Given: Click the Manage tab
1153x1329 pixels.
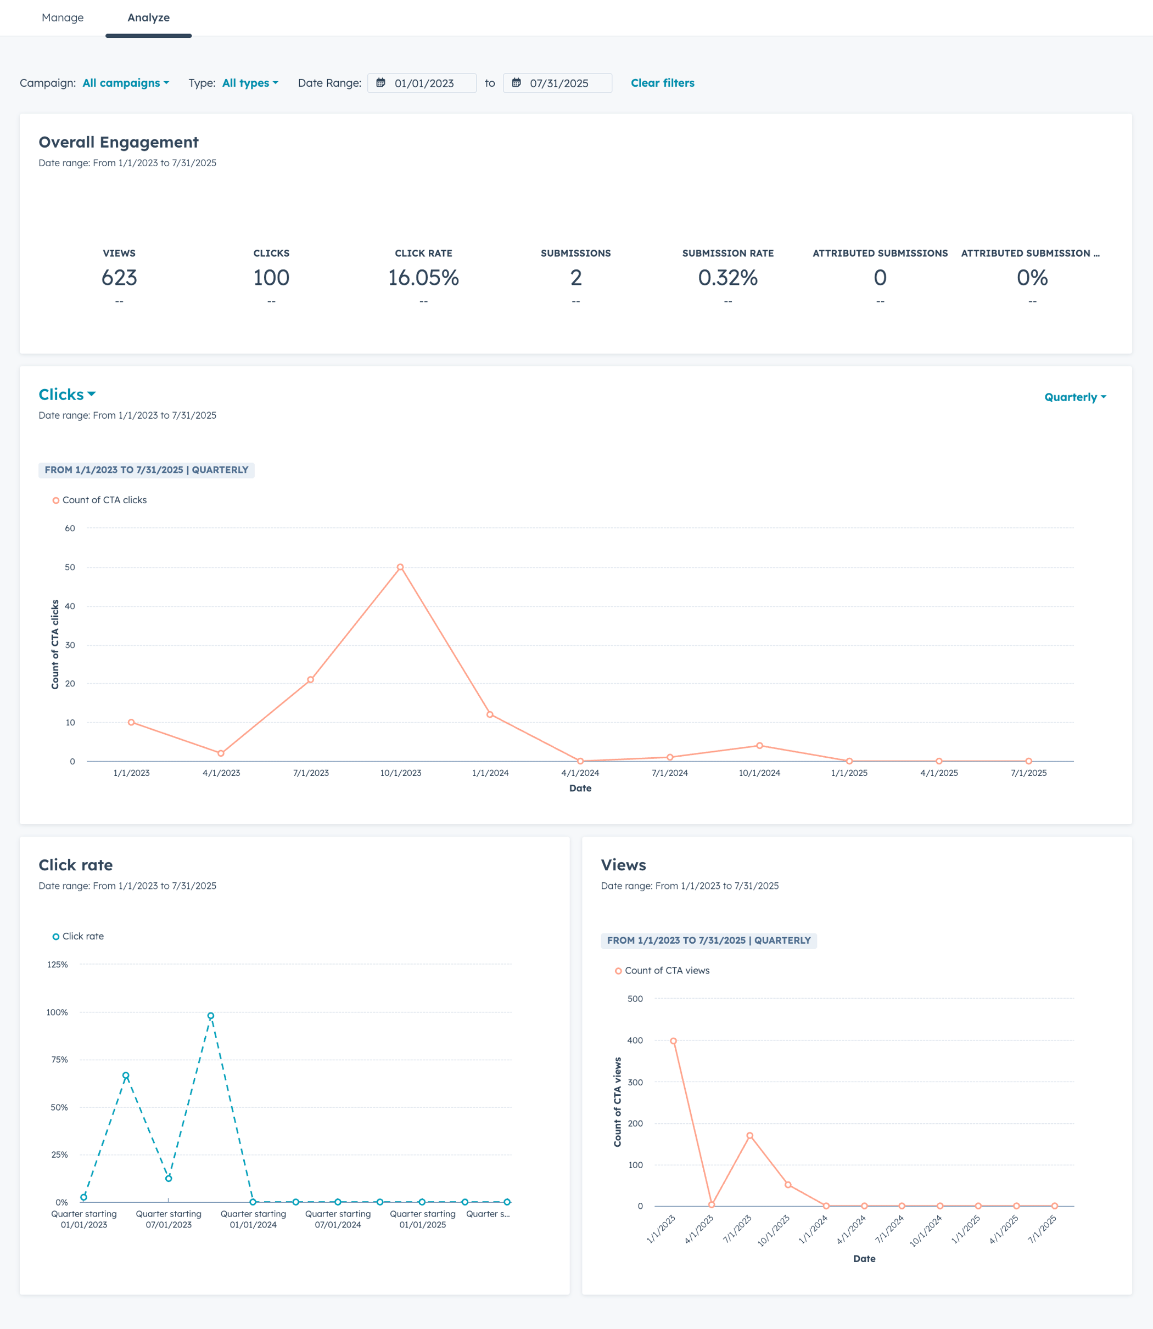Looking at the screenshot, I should click(x=63, y=18).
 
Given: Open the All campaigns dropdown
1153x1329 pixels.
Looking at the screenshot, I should click(x=126, y=83).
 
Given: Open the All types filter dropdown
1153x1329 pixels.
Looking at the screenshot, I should click(x=250, y=83).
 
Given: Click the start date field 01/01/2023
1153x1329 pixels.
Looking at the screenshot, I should click(x=423, y=83).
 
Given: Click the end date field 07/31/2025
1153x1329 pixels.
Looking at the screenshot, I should click(x=558, y=83).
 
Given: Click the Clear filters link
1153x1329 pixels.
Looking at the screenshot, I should click(x=662, y=83).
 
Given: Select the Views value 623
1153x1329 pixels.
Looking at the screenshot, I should click(x=119, y=278).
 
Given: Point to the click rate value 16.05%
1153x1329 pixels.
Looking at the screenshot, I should click(x=423, y=278).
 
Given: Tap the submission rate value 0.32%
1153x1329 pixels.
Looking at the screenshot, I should click(x=727, y=278).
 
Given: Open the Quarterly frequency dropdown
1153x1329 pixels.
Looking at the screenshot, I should click(x=1074, y=397).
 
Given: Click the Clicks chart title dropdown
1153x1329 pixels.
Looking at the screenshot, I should click(x=67, y=395).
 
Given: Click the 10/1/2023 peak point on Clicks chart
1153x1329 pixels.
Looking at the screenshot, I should click(x=400, y=567).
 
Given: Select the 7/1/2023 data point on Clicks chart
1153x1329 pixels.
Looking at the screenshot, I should click(x=311, y=680).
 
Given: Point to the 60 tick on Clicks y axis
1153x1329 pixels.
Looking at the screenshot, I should click(x=70, y=528).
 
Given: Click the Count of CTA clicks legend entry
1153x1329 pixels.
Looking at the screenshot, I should click(x=100, y=500).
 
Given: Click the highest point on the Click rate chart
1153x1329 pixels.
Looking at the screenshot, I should click(x=210, y=1016).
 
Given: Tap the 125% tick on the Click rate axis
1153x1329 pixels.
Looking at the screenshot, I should click(x=57, y=965).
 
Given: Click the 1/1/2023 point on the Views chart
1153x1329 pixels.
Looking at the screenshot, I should click(x=673, y=1041).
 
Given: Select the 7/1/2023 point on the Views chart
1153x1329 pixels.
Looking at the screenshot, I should click(x=749, y=1135).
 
